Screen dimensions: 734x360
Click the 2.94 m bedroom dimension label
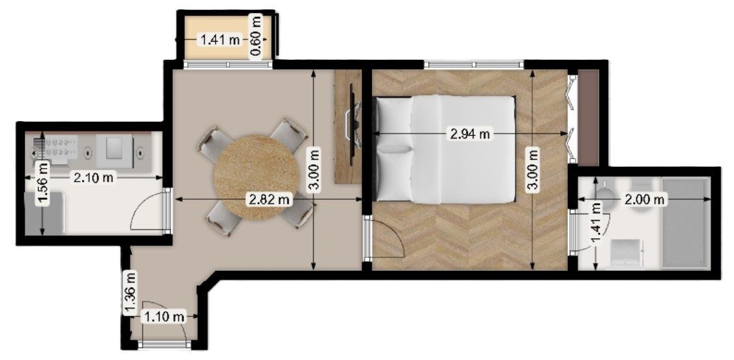click(x=470, y=134)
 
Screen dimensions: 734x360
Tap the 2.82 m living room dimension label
click(x=269, y=200)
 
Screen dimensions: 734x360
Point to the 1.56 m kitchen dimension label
click(x=43, y=184)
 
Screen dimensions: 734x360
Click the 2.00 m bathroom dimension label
click(x=645, y=199)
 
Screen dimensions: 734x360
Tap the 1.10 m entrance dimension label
click(x=164, y=317)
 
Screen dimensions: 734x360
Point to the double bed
click(x=446, y=150)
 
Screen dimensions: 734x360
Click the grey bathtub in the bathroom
click(x=685, y=223)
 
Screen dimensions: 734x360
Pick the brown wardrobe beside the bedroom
click(x=588, y=117)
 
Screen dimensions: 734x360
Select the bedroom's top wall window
click(x=474, y=64)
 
